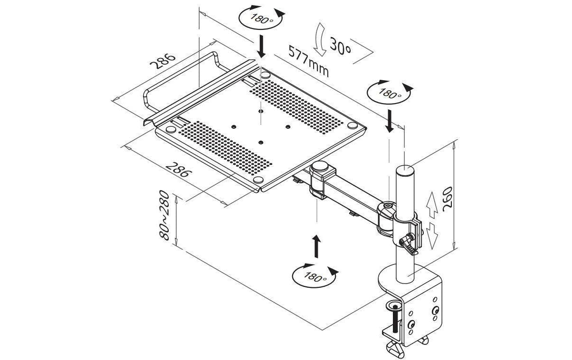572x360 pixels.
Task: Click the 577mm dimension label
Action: click(308, 61)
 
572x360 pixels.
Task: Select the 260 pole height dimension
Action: click(447, 199)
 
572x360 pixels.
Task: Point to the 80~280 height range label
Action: click(164, 215)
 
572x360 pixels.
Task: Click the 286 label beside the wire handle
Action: click(162, 61)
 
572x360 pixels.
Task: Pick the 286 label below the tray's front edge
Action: click(178, 170)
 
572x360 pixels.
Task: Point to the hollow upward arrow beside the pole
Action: click(432, 205)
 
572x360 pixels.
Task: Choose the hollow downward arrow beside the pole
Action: click(432, 236)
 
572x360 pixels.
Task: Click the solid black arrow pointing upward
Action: click(316, 246)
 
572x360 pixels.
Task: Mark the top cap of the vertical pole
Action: click(405, 171)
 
